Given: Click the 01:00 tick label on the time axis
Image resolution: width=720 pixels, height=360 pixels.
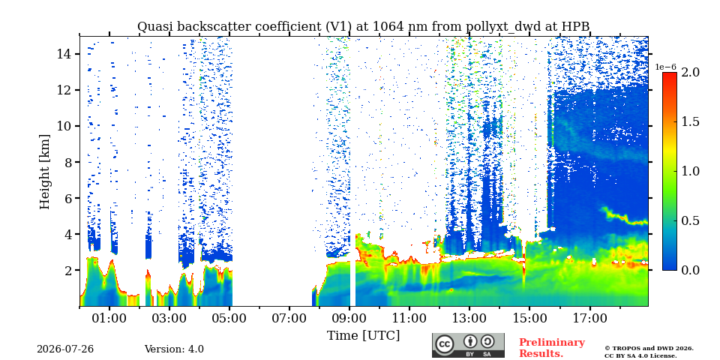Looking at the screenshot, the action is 109,318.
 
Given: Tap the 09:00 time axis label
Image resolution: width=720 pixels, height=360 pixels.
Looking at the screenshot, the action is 349,318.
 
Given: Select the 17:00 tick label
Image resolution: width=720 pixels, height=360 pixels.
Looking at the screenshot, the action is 589,318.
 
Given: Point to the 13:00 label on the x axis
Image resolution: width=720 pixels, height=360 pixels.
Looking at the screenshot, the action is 469,318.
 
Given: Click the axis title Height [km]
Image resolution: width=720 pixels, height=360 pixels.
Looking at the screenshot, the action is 44,172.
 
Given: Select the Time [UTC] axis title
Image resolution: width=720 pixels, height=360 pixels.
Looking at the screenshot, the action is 363,336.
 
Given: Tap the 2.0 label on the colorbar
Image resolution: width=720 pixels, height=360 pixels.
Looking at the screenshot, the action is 690,73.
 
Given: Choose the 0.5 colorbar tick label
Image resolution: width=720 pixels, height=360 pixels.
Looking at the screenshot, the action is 690,220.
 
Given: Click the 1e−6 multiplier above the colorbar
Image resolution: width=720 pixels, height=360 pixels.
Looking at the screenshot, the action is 665,67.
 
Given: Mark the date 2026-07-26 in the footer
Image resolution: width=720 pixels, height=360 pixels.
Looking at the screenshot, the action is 65,349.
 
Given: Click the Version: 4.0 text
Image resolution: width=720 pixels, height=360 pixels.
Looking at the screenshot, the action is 174,349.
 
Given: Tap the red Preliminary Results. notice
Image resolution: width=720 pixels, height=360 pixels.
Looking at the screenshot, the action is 552,348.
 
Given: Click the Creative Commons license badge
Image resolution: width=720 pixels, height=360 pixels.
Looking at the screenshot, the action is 468,345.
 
